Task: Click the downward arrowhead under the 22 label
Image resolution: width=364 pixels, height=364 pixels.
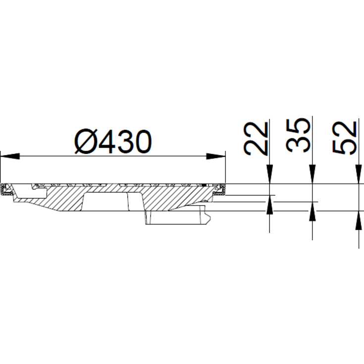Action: pyautogui.click(x=269, y=176)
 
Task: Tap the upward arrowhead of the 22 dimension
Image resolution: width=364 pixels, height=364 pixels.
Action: pyautogui.click(x=269, y=204)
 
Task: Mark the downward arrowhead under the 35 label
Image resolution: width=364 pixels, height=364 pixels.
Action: pyautogui.click(x=312, y=176)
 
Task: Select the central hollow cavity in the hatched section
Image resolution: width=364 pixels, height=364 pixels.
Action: pyautogui.click(x=106, y=202)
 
